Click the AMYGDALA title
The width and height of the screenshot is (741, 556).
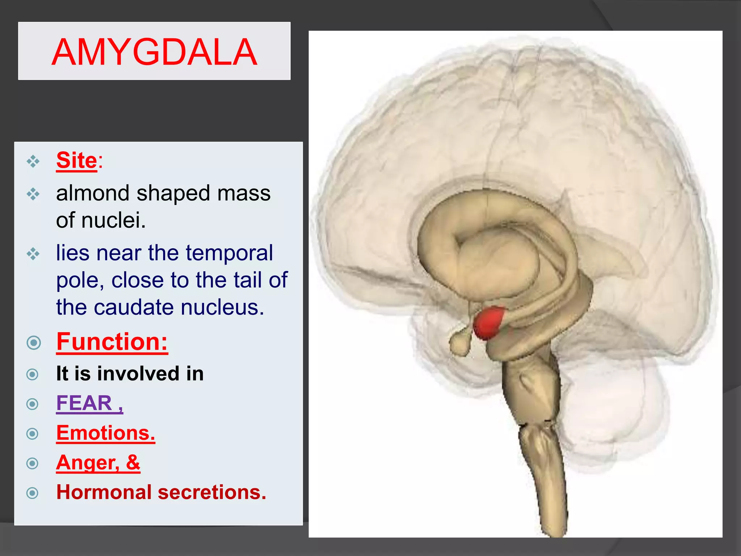pyautogui.click(x=154, y=52)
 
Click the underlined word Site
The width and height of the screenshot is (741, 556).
pyautogui.click(x=77, y=160)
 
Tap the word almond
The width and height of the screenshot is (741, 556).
pyautogui.click(x=93, y=193)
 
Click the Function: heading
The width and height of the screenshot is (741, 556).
pyautogui.click(x=112, y=342)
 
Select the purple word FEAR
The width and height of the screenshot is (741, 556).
pyautogui.click(x=84, y=403)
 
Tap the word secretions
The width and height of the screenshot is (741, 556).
pyautogui.click(x=212, y=492)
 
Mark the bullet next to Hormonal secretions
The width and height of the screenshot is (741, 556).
pyautogui.click(x=33, y=493)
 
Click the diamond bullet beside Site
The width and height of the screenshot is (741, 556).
pyautogui.click(x=33, y=161)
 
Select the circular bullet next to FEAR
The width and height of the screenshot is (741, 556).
pyautogui.click(x=33, y=404)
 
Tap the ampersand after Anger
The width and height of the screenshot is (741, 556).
pyautogui.click(x=133, y=462)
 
